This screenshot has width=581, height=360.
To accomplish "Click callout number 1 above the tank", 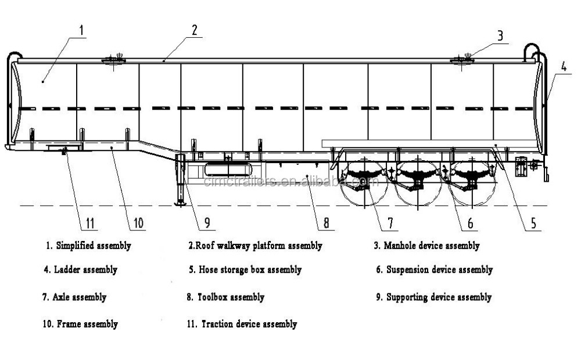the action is [x=82, y=30].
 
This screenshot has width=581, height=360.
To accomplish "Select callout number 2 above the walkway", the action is [x=195, y=30].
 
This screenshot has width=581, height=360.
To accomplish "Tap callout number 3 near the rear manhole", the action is [x=500, y=36].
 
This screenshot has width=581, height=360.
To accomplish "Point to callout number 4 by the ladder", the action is [x=564, y=67].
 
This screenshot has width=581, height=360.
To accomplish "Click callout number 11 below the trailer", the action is [x=90, y=223].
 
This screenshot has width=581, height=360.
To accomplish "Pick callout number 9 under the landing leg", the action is [x=207, y=222].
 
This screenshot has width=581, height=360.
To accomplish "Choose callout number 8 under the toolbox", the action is [x=326, y=223].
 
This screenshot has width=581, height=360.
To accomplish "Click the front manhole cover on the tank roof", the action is [x=113, y=60].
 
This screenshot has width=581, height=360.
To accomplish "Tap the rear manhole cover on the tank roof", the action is [x=462, y=60].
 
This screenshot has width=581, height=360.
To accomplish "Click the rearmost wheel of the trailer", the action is [x=472, y=183].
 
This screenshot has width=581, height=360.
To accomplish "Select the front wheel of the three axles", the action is [x=364, y=183].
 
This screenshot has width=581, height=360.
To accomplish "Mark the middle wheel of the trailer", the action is [x=418, y=183].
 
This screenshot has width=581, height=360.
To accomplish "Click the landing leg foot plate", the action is [x=180, y=203].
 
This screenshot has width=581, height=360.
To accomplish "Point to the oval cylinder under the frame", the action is [x=228, y=170].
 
